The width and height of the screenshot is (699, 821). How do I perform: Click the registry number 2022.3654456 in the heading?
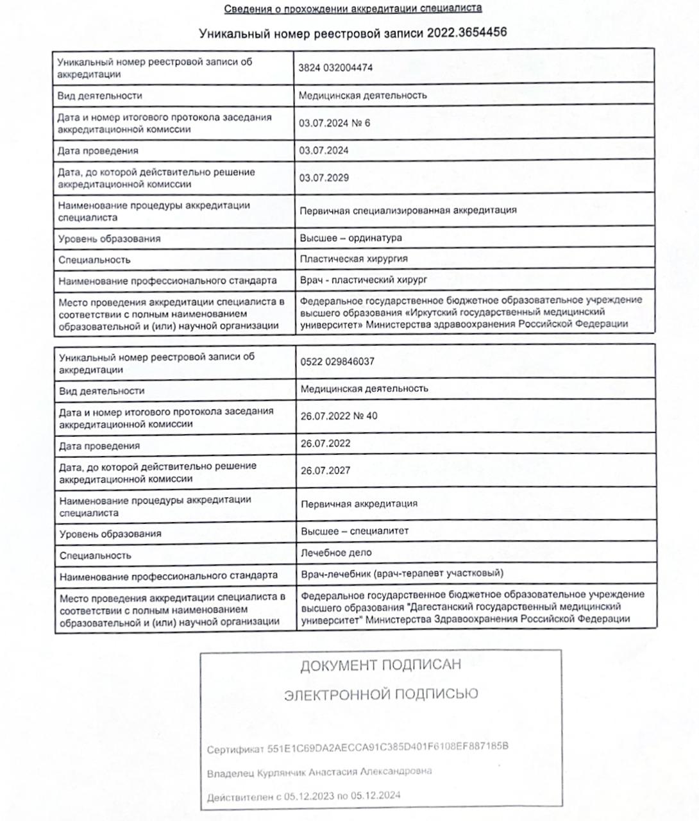point(466,33)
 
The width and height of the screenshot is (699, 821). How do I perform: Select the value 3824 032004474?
point(335,67)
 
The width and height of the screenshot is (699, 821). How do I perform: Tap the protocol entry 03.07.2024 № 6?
point(334,123)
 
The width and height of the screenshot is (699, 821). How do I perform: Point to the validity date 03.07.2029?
point(324,178)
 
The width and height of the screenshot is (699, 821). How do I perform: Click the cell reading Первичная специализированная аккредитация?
point(408,210)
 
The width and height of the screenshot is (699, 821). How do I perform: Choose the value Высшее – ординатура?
point(351,238)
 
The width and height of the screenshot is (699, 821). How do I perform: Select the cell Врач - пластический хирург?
point(364,280)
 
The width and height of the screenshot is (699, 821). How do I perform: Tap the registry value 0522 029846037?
point(337,361)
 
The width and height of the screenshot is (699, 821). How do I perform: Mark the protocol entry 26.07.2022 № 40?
point(339,416)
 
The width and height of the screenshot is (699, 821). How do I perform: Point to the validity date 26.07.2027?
point(325,470)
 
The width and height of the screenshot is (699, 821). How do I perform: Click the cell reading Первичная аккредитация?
point(359,504)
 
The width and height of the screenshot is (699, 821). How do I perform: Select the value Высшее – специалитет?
point(355,531)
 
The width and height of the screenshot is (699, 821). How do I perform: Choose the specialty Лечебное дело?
point(336,552)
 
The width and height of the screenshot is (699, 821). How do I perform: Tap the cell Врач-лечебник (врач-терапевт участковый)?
point(402,573)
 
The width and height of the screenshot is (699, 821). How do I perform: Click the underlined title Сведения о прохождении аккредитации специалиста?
point(353,8)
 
